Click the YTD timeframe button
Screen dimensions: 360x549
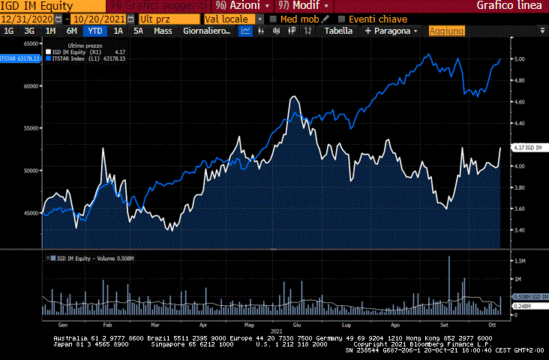(95, 31)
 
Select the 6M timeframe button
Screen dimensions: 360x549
(72, 31)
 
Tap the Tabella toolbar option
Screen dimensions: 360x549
(338, 31)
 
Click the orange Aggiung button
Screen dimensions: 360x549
(446, 31)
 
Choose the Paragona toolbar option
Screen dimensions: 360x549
(391, 31)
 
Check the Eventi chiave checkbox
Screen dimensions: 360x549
(343, 19)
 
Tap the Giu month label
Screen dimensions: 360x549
(297, 325)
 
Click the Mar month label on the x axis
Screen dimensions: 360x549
(155, 325)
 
